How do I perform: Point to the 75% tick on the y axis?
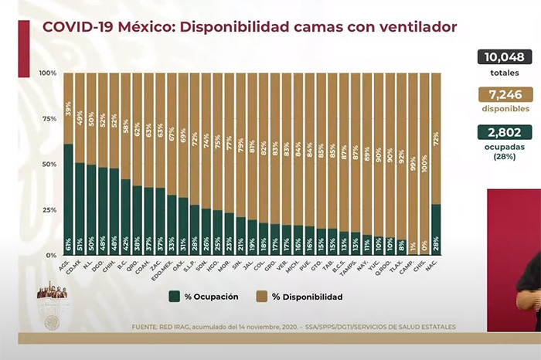point(49,119)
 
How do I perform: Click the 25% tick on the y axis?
point(49,209)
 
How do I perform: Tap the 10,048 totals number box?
point(504,56)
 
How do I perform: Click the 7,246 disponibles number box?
point(504,94)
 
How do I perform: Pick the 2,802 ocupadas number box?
point(504,132)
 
